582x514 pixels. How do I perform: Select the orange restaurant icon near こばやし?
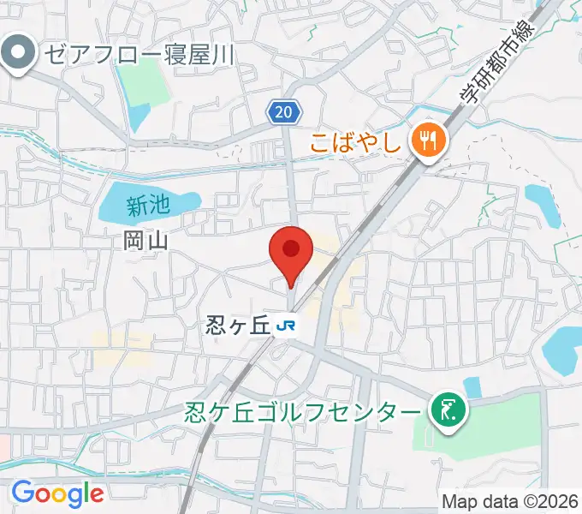[425, 139]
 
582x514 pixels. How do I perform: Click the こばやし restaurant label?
[357, 140]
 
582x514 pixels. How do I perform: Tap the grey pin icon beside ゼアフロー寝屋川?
[16, 54]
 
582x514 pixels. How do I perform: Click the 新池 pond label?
[149, 206]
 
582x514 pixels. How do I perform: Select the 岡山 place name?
[145, 242]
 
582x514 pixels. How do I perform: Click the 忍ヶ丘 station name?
[237, 326]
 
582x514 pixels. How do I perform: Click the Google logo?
[57, 493]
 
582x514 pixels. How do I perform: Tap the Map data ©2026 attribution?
[509, 500]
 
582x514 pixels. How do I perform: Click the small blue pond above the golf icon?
[472, 387]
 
